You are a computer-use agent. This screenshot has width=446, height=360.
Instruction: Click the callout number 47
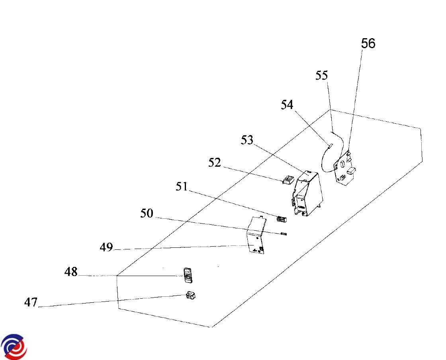click(31, 302)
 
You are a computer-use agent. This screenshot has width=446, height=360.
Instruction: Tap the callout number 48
click(71, 273)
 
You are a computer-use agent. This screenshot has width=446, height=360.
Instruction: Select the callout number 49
click(106, 247)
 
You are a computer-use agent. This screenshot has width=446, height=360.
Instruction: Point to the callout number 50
click(147, 214)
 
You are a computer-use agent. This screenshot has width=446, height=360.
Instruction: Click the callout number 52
click(215, 163)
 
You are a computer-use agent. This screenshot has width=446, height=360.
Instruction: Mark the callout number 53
click(247, 140)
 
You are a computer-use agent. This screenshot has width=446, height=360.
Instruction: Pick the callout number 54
click(287, 105)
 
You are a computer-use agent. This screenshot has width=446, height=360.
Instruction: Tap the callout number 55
click(322, 75)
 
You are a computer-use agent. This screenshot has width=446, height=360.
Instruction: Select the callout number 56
click(368, 43)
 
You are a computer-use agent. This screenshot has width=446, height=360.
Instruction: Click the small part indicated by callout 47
click(191, 296)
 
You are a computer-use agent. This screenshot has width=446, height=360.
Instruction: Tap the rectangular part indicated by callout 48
click(188, 275)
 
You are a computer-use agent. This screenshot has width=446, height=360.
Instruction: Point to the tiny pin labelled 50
click(284, 234)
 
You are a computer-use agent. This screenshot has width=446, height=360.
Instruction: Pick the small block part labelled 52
click(288, 180)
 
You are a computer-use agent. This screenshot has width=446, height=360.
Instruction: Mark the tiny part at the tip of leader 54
click(330, 146)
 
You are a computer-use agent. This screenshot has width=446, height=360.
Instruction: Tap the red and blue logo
click(14, 346)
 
